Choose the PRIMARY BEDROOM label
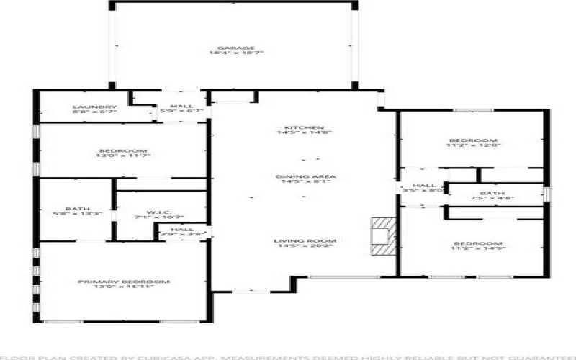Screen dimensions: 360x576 123,282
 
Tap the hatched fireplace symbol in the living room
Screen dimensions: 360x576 383,236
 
